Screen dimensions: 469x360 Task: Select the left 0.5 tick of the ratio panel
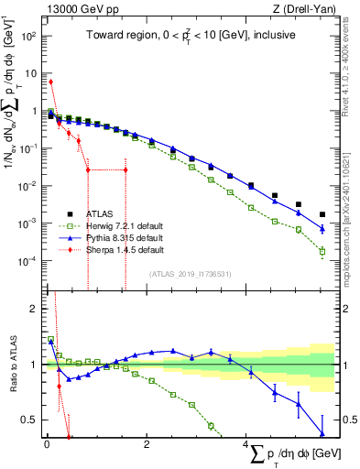point(30,420)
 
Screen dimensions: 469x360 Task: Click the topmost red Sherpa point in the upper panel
point(51,82)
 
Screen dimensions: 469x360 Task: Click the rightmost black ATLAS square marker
point(322,214)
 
